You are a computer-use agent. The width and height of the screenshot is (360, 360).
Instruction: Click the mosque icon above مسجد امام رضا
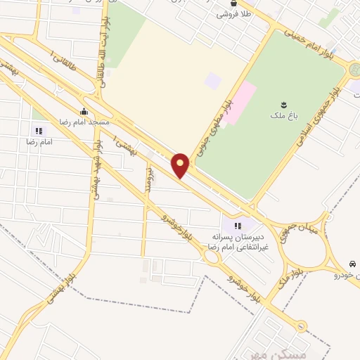(x=84, y=111)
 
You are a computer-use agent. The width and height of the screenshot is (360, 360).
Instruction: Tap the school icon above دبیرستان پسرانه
(x=237, y=226)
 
